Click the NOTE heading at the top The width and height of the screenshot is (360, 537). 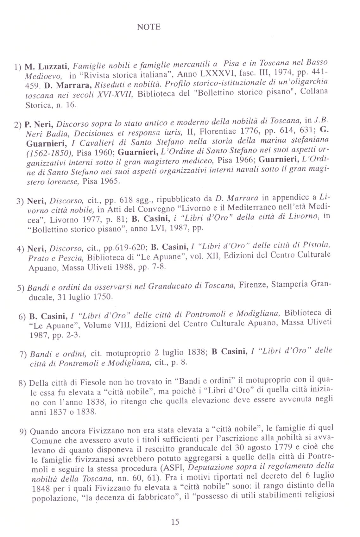click(149, 27)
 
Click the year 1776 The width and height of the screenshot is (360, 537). click(250, 131)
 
